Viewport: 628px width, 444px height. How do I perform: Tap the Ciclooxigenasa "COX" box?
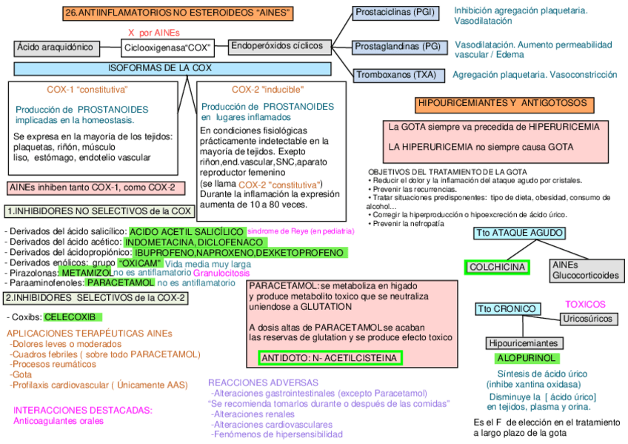[x=167, y=49]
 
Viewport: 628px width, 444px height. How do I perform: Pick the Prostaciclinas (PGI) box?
[x=395, y=13]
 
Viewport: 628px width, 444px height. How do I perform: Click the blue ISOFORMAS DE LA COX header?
[x=172, y=69]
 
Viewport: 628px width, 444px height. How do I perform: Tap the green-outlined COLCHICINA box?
[x=497, y=267]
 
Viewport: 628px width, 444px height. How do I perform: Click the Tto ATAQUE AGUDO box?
[x=519, y=233]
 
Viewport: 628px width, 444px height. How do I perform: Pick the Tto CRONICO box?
[x=505, y=308]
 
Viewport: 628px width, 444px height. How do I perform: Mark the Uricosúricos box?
[x=588, y=319]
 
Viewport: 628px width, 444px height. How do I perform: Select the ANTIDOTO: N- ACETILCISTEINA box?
[x=330, y=358]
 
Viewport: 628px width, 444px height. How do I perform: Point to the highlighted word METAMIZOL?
[x=86, y=273]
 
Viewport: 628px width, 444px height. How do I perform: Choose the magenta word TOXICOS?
[x=585, y=305]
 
